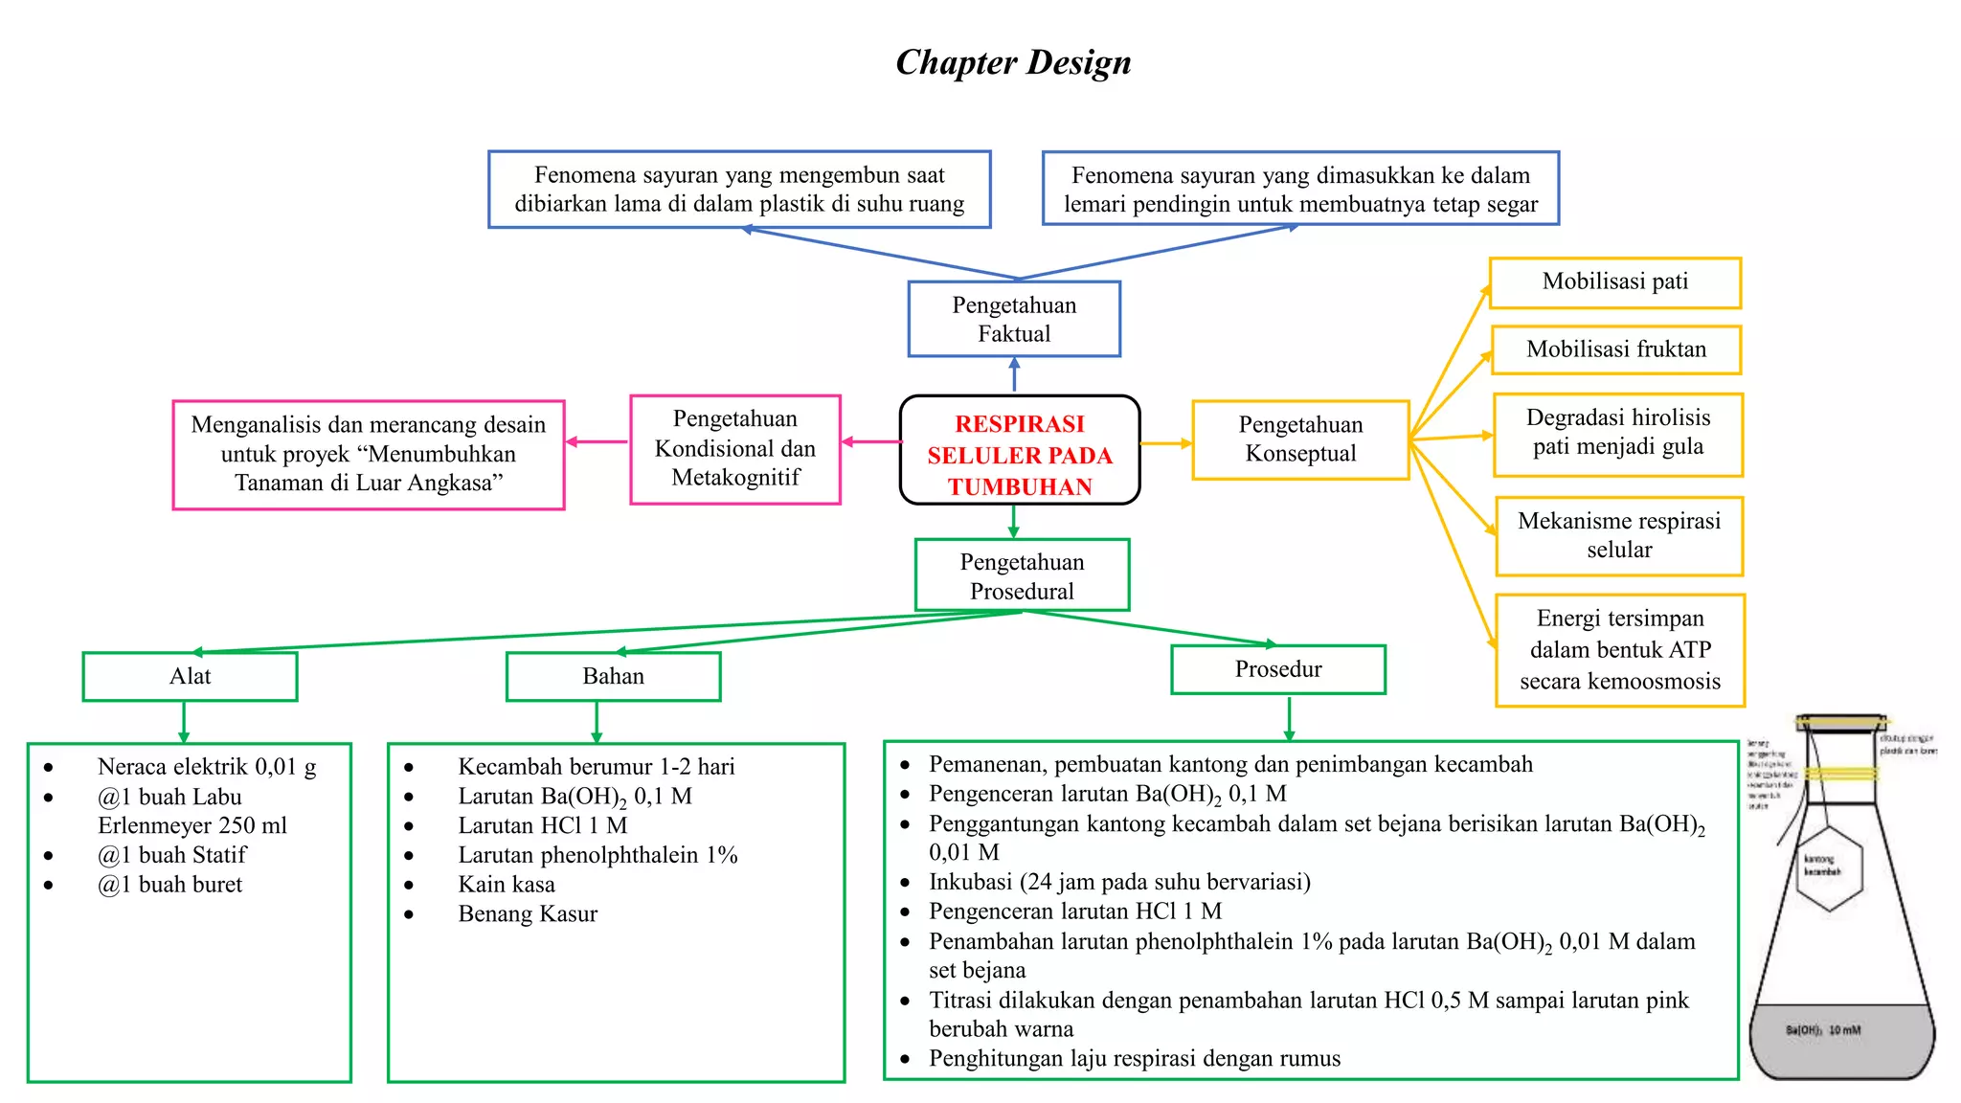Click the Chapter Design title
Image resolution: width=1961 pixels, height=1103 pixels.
(1013, 62)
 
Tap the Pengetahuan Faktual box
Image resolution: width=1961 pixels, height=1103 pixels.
(1014, 319)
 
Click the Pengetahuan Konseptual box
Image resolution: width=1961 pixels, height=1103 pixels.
(1300, 439)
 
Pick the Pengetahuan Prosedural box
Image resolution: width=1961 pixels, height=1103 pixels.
(1022, 575)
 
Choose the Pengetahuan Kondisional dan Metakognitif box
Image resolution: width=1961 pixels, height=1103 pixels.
(735, 449)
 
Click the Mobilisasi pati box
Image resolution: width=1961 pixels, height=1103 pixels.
(1614, 282)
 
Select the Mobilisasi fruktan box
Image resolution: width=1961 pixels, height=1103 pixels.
(1615, 349)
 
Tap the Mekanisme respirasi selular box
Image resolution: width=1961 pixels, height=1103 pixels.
(1618, 535)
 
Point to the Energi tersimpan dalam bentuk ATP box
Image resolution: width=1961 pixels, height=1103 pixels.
(1619, 650)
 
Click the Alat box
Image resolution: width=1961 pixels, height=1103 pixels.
(190, 677)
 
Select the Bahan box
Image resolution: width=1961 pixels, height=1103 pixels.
(613, 677)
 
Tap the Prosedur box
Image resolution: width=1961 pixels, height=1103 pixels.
(1277, 669)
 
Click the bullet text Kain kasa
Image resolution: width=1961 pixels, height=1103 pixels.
(507, 885)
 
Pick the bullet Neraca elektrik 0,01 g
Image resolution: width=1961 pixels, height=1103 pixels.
(207, 767)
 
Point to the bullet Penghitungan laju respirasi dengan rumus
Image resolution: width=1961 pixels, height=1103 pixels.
(1134, 1059)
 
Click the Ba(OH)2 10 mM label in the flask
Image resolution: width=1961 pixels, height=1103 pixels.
(1822, 1030)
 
